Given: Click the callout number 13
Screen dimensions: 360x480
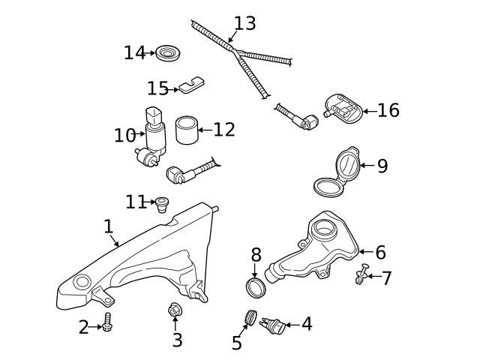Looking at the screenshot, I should point(244,23).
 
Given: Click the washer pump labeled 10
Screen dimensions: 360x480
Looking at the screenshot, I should point(154,135).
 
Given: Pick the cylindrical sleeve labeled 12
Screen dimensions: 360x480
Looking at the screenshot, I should point(186,130).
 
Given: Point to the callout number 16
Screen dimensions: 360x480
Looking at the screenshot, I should point(388,111).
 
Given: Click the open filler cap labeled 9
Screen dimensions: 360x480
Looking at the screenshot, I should point(336,172).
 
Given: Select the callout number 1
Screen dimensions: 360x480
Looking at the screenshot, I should point(108,226).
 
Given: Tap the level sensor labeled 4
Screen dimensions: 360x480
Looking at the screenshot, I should point(274,325).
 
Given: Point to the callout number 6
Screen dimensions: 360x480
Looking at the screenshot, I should point(380,253).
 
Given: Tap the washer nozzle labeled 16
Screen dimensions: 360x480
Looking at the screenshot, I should point(343,109).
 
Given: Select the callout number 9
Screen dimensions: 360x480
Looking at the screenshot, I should point(382,166).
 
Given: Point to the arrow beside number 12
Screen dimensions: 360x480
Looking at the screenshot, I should point(202,130).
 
